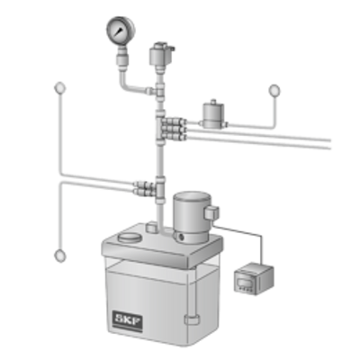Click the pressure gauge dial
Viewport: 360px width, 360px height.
(121, 30)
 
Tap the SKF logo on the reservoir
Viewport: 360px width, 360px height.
(127, 320)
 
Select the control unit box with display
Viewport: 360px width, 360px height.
(254, 278)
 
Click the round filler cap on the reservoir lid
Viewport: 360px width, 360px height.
(130, 238)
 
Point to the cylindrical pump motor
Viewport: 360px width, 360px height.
(192, 217)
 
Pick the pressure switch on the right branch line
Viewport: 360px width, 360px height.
(213, 115)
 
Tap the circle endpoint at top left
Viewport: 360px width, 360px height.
(60, 88)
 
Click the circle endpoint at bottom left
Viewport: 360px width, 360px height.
(60, 256)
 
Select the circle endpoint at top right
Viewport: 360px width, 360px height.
(274, 90)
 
